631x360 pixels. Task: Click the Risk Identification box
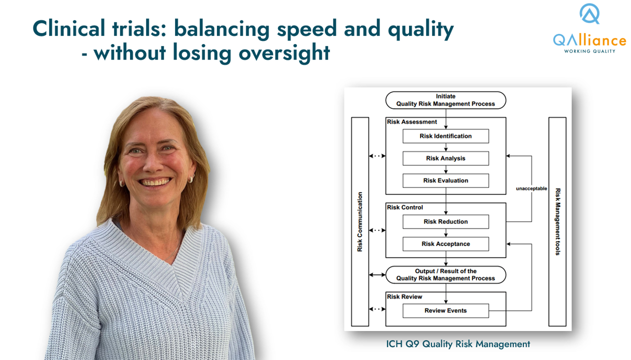click(x=445, y=136)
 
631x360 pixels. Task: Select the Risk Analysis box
click(x=445, y=158)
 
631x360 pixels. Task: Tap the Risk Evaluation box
click(x=445, y=180)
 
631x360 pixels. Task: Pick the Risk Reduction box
click(x=445, y=221)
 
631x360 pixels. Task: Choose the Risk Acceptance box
click(x=445, y=244)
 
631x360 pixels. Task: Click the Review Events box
click(x=445, y=310)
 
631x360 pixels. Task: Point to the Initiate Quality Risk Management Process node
click(x=445, y=100)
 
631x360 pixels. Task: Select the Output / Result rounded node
click(x=445, y=274)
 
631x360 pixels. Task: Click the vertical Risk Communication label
click(x=359, y=221)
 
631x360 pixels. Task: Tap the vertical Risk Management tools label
click(x=557, y=221)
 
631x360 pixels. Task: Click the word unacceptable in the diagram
click(x=531, y=188)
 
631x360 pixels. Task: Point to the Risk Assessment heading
click(x=412, y=121)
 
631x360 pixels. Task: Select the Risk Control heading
click(x=405, y=207)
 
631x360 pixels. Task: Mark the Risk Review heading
click(x=404, y=296)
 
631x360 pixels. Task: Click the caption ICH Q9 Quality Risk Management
click(x=458, y=344)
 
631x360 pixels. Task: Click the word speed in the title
click(x=307, y=29)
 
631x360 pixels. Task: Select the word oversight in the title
click(x=284, y=53)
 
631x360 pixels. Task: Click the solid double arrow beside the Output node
click(x=377, y=274)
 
